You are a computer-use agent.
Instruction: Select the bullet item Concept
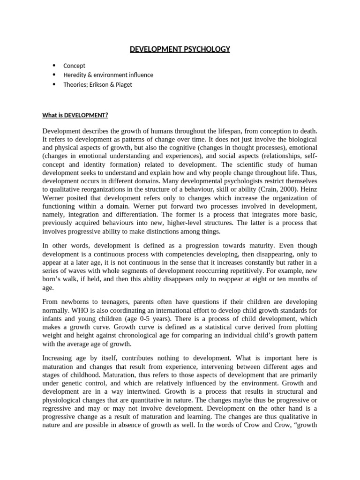[x=74, y=66]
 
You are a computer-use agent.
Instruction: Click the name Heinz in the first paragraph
[x=307, y=189]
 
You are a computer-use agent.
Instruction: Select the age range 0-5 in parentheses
[x=127, y=318]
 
